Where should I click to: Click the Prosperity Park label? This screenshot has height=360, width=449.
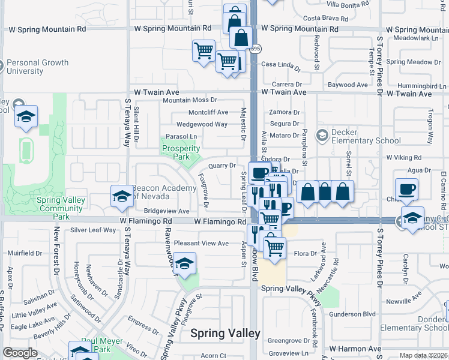tap(181, 152)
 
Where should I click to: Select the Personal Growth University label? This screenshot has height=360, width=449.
tap(37, 67)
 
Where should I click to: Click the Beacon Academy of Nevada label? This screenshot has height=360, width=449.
tap(164, 192)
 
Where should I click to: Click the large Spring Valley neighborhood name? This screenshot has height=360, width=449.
tap(225, 334)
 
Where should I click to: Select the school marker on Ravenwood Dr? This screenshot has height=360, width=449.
tap(185, 263)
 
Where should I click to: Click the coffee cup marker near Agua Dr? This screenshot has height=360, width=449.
tap(406, 190)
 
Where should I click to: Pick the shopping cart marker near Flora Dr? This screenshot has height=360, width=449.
tap(274, 246)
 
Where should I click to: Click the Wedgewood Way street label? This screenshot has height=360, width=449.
tap(202, 124)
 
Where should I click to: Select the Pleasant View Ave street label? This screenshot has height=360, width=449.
tap(201, 243)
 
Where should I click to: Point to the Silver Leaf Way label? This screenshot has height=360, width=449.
tap(93, 230)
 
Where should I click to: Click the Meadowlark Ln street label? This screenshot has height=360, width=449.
tap(414, 38)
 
